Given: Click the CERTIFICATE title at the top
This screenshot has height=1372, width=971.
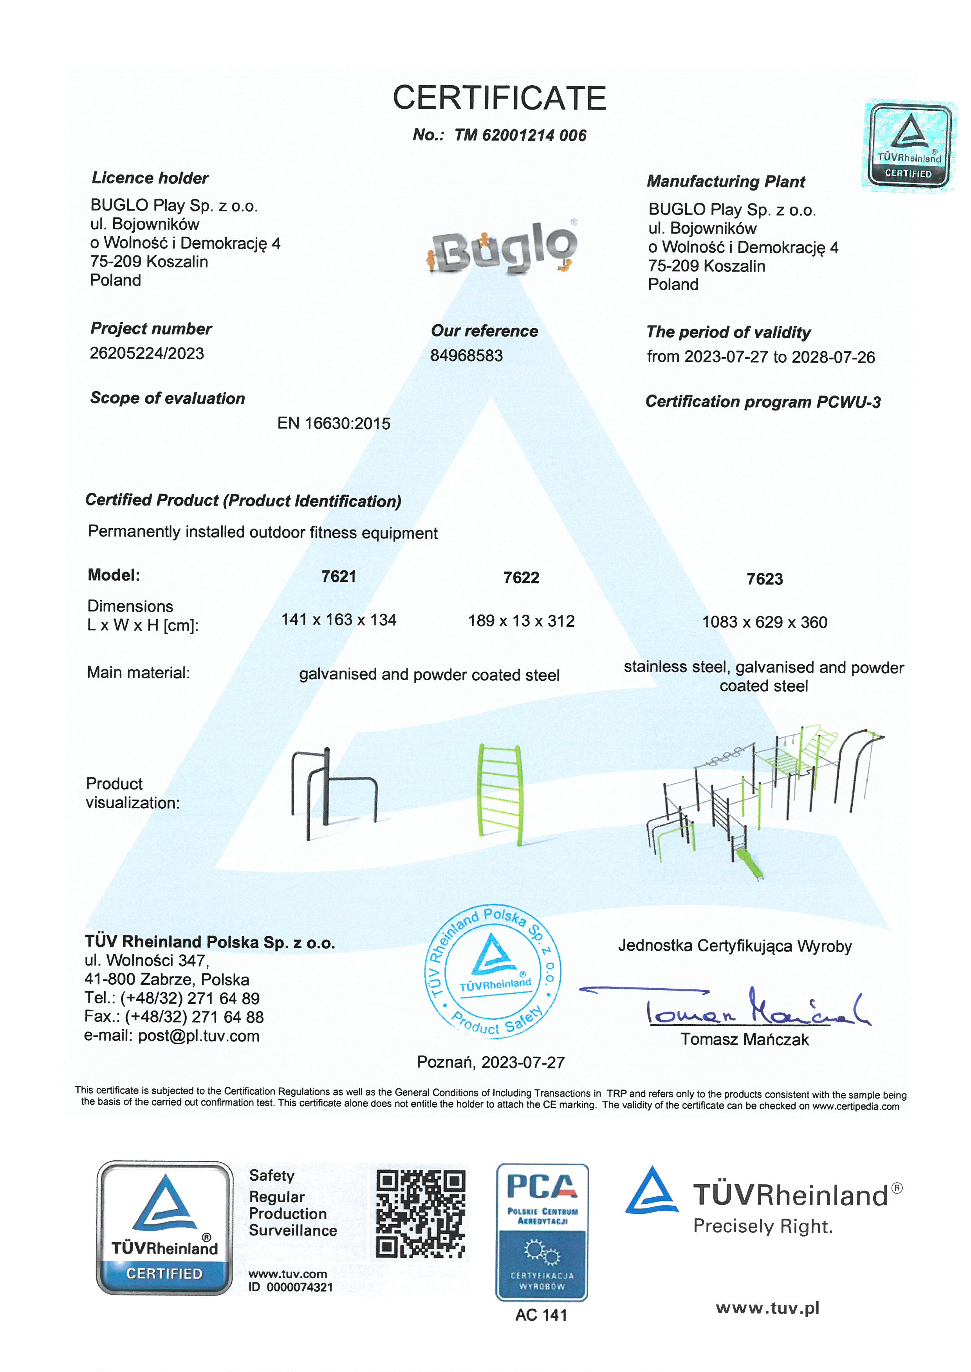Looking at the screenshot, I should [499, 98].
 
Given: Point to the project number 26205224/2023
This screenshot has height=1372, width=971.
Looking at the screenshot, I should [147, 354].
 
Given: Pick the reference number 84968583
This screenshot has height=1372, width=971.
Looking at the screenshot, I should [466, 356].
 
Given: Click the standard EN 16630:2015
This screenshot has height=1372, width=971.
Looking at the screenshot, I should [334, 424].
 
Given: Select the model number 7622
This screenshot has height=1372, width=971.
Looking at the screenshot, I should [521, 578].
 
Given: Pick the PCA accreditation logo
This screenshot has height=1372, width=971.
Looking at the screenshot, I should [542, 1233].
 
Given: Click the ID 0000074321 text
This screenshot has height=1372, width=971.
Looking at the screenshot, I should [291, 1287].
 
